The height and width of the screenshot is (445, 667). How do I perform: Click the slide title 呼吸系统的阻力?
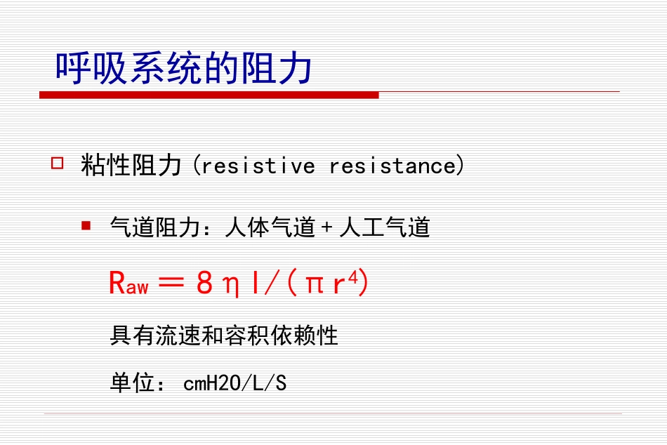click(x=184, y=69)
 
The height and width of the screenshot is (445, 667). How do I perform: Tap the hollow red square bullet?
click(x=58, y=164)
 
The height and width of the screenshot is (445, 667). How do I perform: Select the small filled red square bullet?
click(x=86, y=226)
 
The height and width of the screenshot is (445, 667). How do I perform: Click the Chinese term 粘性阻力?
click(x=131, y=166)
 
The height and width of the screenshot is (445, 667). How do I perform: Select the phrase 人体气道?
click(x=270, y=227)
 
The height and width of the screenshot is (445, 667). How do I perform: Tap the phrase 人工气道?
click(x=385, y=227)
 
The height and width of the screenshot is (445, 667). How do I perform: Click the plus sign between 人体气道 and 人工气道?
click(x=326, y=228)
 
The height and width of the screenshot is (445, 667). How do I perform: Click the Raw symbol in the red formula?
click(x=128, y=284)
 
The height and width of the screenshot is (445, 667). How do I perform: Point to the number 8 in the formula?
click(x=204, y=284)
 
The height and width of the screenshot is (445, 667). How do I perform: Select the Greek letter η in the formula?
click(x=230, y=285)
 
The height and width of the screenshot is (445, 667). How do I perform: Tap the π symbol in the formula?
click(x=313, y=285)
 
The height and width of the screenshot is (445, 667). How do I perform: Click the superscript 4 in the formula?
click(x=353, y=277)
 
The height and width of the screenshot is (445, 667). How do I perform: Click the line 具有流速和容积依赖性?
click(x=224, y=336)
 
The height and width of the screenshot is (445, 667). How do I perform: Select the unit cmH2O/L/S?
click(x=235, y=383)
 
